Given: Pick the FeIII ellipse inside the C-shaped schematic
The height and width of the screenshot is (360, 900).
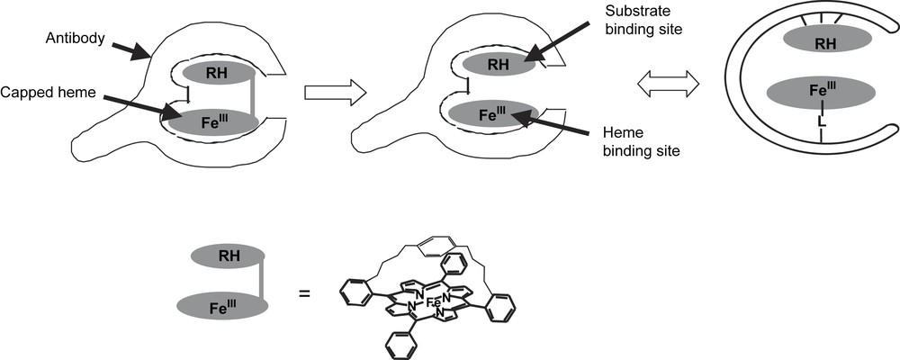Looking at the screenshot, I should pyautogui.click(x=818, y=93).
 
